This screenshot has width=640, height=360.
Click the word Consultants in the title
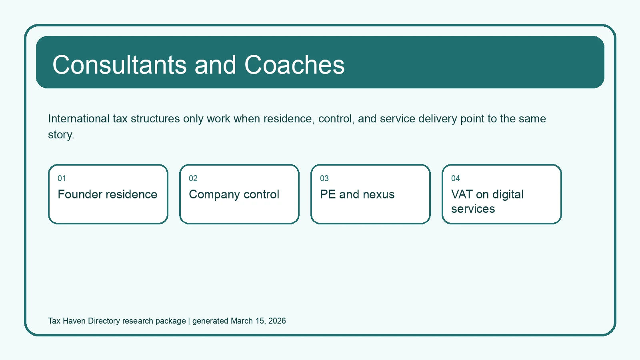point(120,65)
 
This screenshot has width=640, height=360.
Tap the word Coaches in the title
point(294,65)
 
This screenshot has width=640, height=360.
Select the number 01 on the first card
point(62,178)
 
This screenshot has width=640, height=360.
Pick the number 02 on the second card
point(193,178)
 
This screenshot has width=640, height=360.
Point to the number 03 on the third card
point(324,178)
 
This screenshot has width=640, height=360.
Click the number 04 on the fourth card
point(456,178)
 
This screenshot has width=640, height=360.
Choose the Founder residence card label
point(108,194)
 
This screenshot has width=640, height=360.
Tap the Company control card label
point(234,195)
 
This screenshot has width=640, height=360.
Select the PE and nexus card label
point(357,194)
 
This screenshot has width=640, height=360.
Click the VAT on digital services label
point(488,202)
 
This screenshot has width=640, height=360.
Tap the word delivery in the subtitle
point(438,119)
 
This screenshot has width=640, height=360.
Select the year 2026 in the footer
point(277,321)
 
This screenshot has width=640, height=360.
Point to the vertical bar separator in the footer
point(189,321)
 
